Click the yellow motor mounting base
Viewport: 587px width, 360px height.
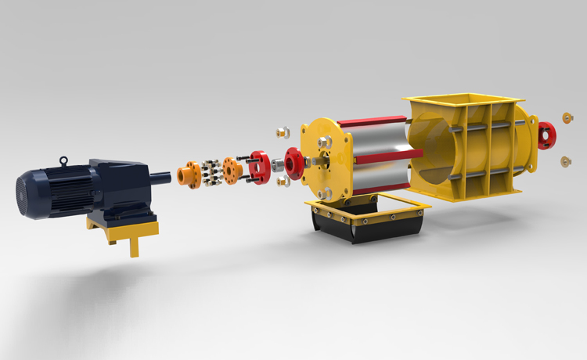click(x=125, y=230)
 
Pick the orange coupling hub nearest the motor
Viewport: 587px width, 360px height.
click(x=188, y=175)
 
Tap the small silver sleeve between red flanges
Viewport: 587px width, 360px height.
click(x=278, y=165)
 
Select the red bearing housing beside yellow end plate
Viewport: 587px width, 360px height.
click(x=295, y=163)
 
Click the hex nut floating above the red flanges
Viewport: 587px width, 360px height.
click(x=283, y=132)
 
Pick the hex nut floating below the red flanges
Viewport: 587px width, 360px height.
click(x=283, y=181)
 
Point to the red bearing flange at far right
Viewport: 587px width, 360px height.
click(x=547, y=135)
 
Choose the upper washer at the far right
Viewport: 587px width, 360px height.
click(x=566, y=118)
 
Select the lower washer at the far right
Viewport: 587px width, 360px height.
click(x=564, y=161)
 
